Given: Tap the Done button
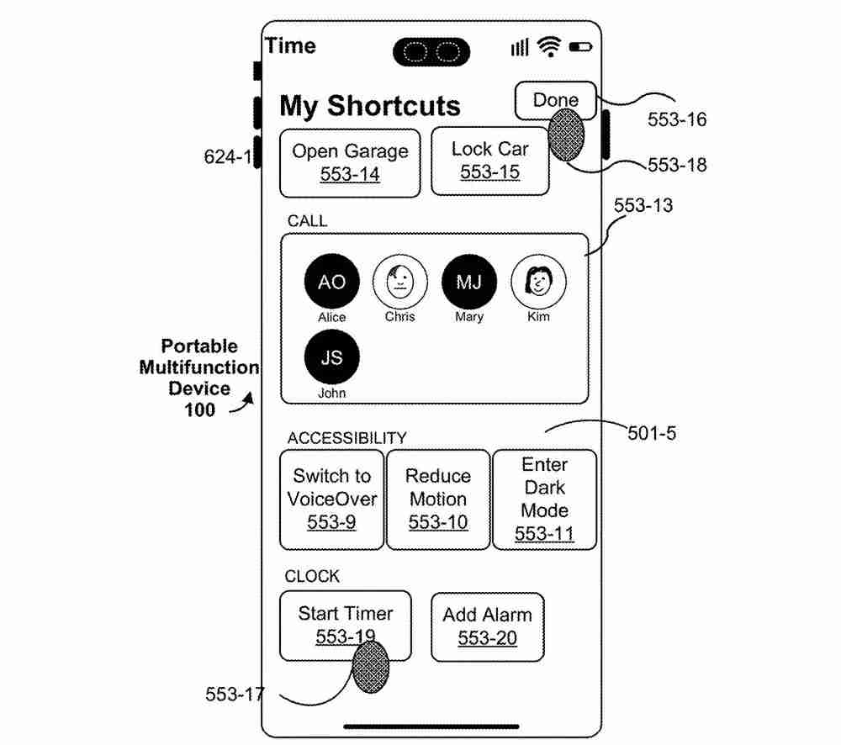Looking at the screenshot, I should pos(555,101).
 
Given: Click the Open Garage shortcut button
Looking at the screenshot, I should pos(350,163).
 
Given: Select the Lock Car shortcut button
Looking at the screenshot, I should pos(490,161).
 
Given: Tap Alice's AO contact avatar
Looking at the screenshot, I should pos(331,283).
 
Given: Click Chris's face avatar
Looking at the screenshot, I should pos(400,283).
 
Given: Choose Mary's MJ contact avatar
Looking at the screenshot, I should pos(469,283).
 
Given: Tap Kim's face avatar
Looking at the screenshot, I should pos(538,283).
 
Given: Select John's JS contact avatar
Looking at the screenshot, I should pos(331,357).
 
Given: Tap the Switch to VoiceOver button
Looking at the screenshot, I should pos(332,499).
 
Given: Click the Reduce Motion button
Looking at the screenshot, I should pos(438,499).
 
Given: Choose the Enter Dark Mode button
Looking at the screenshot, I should pos(544,499).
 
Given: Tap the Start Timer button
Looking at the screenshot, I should pos(346,625).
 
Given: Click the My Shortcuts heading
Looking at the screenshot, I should pos(370,107).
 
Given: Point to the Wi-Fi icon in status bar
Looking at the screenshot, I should pos(551,48).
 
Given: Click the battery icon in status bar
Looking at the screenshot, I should pos(580,48).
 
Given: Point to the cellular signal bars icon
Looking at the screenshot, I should pos(520,48).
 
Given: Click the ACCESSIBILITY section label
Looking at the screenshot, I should pos(346,438).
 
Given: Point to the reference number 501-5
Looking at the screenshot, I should pos(652,434).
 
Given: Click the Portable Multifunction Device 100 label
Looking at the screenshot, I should pos(199,378).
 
